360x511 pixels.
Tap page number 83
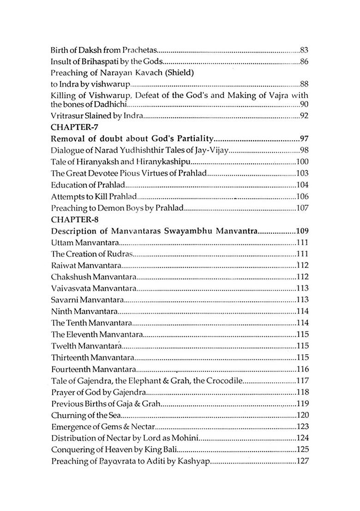(304, 49)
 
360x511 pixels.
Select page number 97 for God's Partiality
(304, 138)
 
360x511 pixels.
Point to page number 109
(302, 231)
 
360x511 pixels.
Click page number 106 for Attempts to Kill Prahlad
(302, 196)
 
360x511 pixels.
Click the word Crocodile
(223, 381)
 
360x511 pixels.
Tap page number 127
(302, 462)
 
